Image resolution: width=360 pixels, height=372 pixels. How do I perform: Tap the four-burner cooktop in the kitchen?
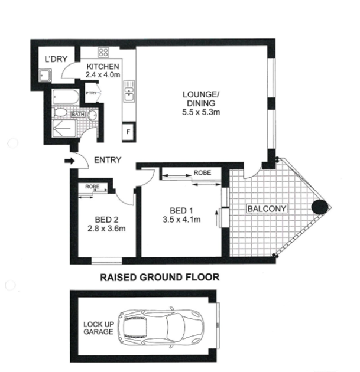click(x=102, y=51)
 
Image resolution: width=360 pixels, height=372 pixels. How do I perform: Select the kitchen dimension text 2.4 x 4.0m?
click(x=103, y=75)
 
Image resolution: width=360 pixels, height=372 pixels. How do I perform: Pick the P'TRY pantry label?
click(x=91, y=93)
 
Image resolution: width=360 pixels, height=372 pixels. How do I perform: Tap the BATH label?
click(x=77, y=114)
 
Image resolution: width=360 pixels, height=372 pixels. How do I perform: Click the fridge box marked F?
click(x=128, y=132)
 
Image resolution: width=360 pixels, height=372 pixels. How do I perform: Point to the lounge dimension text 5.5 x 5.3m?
click(x=199, y=112)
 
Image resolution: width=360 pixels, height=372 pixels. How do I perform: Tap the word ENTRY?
click(x=108, y=160)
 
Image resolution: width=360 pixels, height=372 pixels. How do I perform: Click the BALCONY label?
click(x=267, y=208)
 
